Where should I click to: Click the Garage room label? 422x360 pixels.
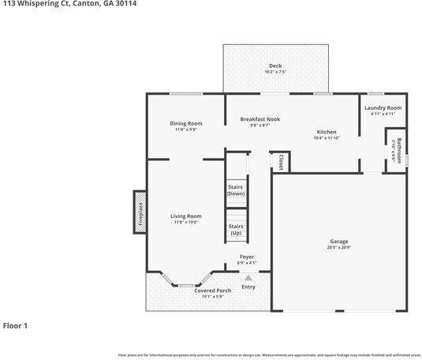point(338,241)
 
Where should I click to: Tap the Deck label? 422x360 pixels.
point(274,66)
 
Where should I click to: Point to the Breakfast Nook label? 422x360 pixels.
point(260,119)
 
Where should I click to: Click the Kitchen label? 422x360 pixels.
point(327,132)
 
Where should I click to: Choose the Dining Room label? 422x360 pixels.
point(186,123)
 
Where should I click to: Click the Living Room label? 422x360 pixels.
point(186,216)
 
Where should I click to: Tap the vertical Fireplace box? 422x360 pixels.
point(140,213)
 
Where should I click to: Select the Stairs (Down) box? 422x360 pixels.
point(236,189)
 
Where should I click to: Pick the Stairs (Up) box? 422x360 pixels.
point(236,229)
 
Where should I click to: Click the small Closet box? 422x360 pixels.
point(280,161)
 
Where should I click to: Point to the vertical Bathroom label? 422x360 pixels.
point(398,149)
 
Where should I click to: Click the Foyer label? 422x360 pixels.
point(247,257)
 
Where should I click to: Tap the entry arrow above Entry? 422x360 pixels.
point(248,277)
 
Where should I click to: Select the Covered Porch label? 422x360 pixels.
point(212,290)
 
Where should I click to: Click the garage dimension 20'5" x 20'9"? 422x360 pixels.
point(338,248)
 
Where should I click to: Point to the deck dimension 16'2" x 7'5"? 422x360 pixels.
point(274,73)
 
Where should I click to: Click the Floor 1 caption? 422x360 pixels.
point(15,324)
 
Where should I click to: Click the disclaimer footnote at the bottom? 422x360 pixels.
point(268,354)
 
